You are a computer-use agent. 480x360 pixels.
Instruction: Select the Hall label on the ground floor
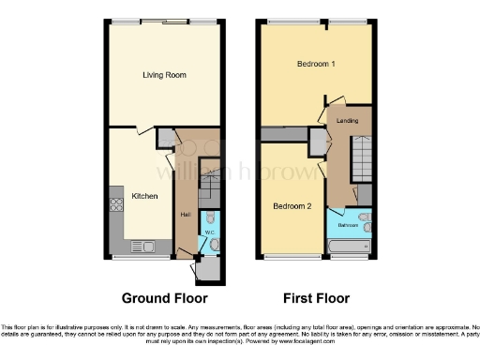click(185, 216)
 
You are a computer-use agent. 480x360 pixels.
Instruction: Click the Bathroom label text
click(349, 226)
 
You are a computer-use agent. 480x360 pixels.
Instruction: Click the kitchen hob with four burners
click(116, 202)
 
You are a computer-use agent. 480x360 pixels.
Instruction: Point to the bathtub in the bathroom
click(350, 247)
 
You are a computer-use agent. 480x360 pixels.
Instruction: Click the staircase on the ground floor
click(211, 187)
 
